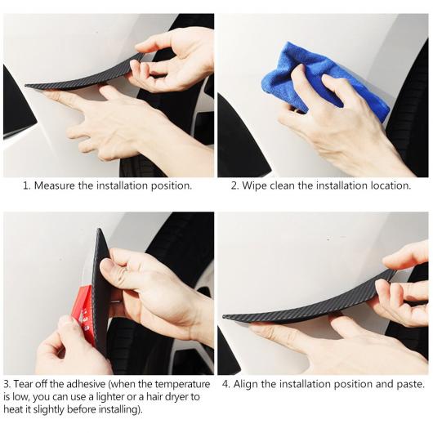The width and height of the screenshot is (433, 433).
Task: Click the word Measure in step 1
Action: pos(55,185)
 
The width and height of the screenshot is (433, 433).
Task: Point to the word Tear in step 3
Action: pos(22,384)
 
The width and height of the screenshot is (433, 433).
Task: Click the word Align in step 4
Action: pos(245,385)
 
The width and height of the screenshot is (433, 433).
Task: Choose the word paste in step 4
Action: pos(410,385)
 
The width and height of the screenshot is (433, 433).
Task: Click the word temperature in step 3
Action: pos(182,385)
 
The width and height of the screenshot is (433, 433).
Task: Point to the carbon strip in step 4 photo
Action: pos(310,306)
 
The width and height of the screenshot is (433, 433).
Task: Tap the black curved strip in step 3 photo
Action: pos(101,292)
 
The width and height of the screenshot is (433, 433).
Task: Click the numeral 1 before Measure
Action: pos(26,185)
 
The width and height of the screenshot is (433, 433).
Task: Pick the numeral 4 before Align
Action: pos(225,385)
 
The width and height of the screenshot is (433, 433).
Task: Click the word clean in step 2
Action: pos(282,185)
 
